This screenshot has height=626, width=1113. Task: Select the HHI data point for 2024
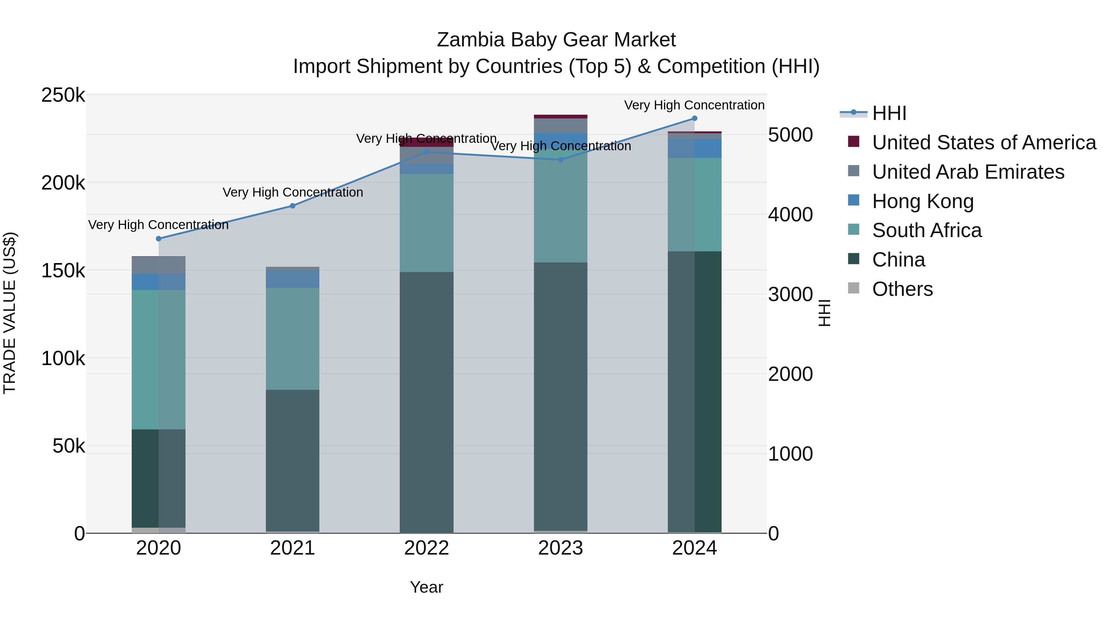[x=695, y=118]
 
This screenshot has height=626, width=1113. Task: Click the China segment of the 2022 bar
[x=426, y=402]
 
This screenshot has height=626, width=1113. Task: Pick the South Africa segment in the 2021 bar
[x=292, y=339]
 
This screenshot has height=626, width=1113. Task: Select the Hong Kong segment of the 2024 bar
[x=695, y=148]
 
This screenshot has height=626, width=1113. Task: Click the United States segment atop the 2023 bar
[x=561, y=117]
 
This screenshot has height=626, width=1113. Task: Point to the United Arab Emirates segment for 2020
[x=159, y=265]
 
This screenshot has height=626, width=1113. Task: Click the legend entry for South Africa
[x=927, y=230]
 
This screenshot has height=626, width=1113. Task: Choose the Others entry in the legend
[x=902, y=289]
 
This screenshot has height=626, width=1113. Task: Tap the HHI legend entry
[x=889, y=113]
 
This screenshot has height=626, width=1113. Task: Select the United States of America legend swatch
[x=854, y=142]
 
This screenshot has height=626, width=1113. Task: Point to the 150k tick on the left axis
[x=63, y=271]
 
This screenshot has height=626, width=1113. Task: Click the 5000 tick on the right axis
[x=791, y=135]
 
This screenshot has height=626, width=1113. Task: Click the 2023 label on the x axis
[x=561, y=548]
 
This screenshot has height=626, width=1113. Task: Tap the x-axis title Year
[x=426, y=587]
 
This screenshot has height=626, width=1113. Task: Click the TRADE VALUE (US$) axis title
[x=10, y=313]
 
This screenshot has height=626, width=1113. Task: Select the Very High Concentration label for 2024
[x=694, y=105]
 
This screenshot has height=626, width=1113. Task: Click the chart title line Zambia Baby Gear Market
[x=556, y=40]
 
